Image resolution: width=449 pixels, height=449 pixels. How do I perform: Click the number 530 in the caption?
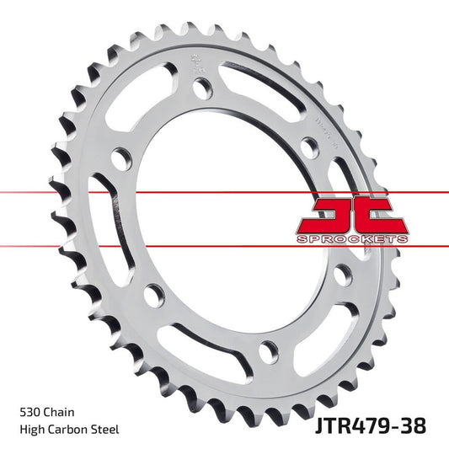click(x=30, y=413)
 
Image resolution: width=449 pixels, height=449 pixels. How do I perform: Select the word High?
click(x=31, y=430)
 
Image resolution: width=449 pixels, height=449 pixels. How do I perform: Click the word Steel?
click(x=106, y=430)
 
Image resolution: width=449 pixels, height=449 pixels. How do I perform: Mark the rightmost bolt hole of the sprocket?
click(x=341, y=275)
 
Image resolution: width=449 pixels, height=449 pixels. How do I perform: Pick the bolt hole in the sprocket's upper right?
click(x=308, y=146)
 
